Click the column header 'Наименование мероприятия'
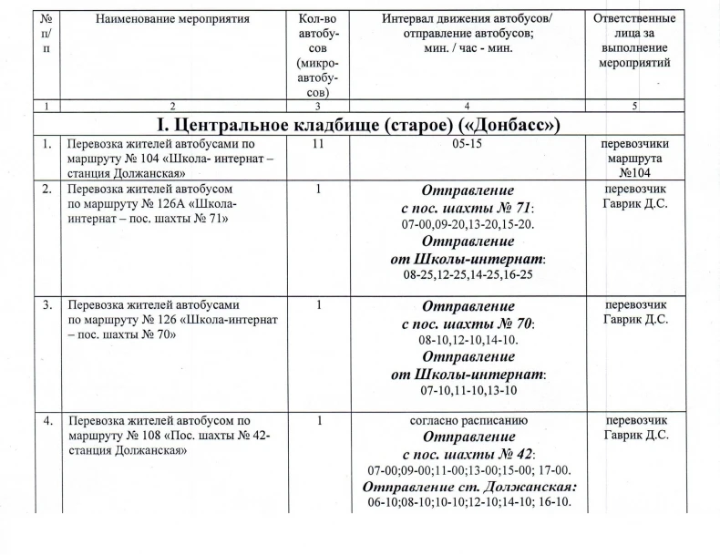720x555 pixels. point(170,19)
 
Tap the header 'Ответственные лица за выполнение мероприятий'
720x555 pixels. point(633,41)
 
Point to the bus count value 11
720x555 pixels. point(317,144)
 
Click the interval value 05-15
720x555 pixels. point(468,144)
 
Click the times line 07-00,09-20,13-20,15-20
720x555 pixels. point(468,223)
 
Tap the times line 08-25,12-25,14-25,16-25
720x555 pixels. point(468,273)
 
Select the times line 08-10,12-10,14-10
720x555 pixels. point(468,340)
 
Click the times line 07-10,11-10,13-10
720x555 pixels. point(468,390)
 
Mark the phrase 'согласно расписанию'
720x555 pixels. point(468,421)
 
